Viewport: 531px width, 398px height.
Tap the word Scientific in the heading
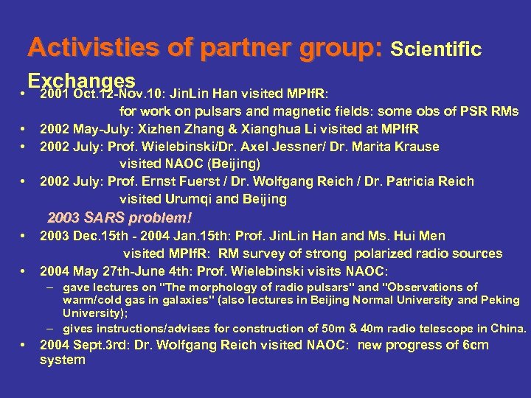coord(436,49)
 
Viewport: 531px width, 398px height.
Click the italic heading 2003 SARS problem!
coord(119,218)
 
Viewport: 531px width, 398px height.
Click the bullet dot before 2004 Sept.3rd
coord(26,345)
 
